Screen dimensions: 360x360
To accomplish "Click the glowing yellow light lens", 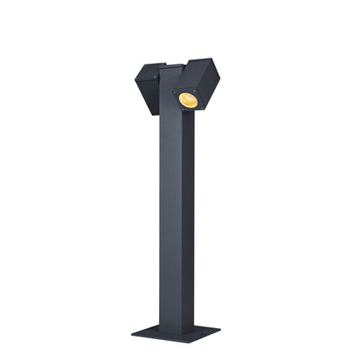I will pyautogui.click(x=188, y=100).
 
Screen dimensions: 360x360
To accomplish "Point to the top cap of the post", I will pyautogui.click(x=172, y=65).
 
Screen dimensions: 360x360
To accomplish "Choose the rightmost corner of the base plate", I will pyautogui.click(x=220, y=329).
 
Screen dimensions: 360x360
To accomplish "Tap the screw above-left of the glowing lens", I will pyautogui.click(x=176, y=91).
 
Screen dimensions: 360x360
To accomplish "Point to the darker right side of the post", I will pyautogui.click(x=189, y=218).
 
